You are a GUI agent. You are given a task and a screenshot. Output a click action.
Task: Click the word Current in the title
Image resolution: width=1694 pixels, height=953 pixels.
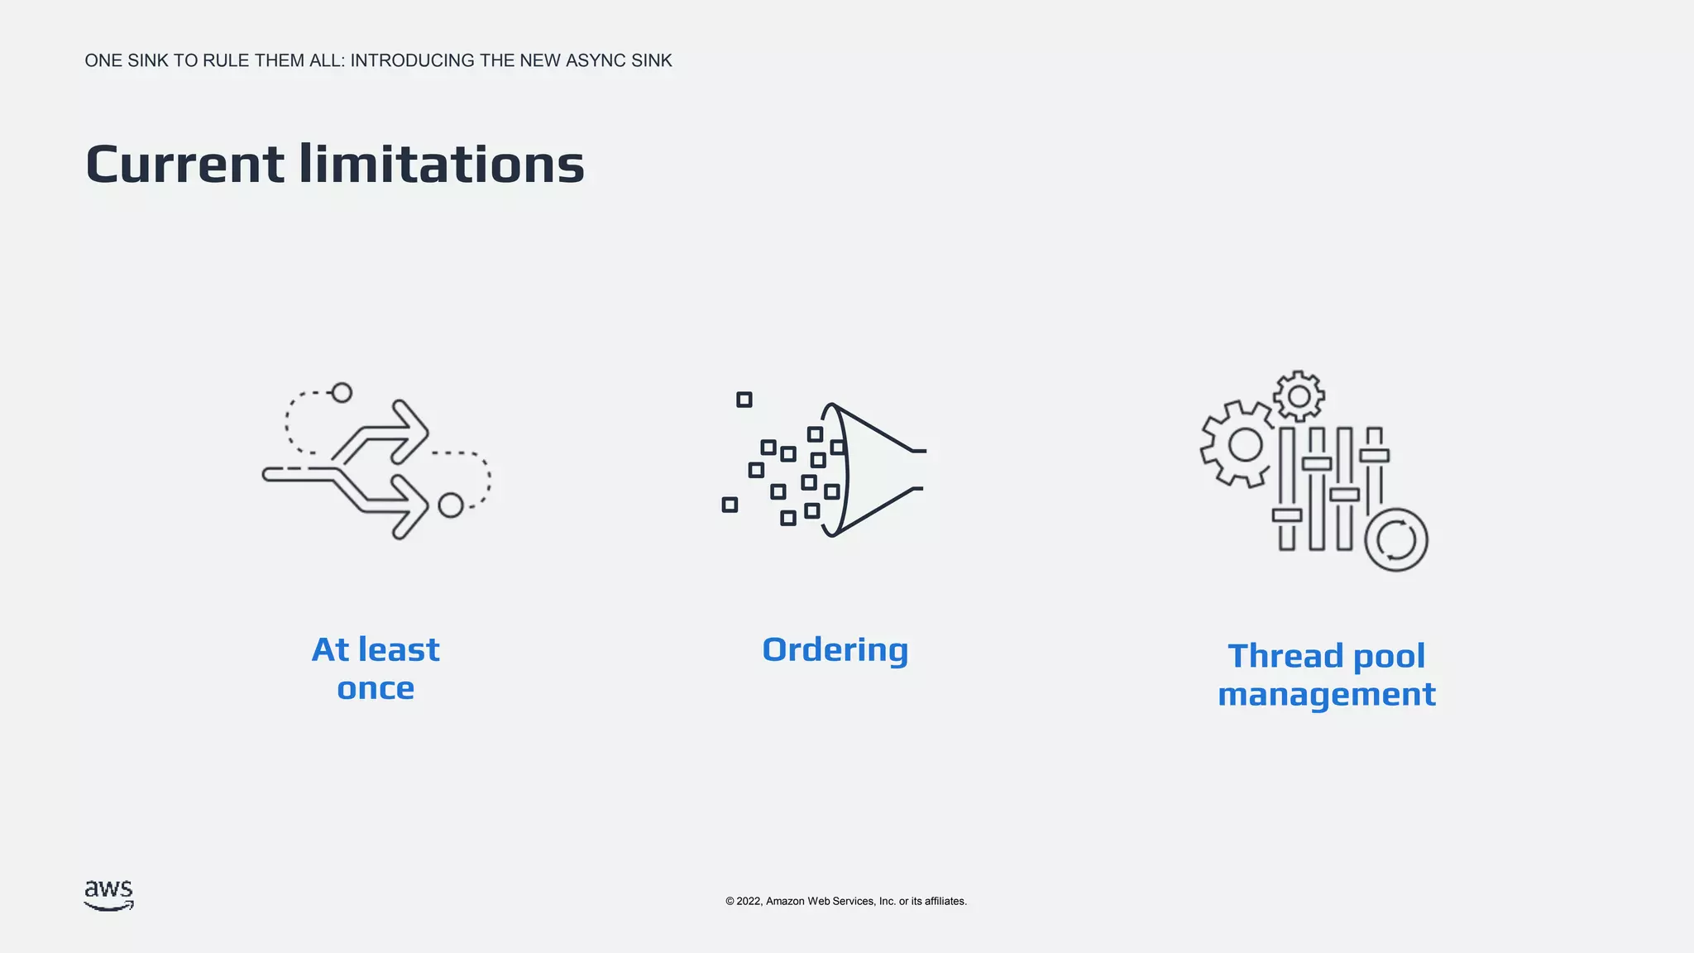pyautogui.click(x=185, y=164)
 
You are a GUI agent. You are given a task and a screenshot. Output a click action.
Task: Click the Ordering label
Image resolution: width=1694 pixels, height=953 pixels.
pyautogui.click(x=835, y=650)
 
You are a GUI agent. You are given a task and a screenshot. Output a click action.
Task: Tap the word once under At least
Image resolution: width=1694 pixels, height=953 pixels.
pyautogui.click(x=376, y=688)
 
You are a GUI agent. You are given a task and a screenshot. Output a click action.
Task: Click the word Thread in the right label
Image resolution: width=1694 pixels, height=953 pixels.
pyautogui.click(x=1285, y=656)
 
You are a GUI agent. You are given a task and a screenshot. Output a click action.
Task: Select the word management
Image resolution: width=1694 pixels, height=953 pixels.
pyautogui.click(x=1327, y=694)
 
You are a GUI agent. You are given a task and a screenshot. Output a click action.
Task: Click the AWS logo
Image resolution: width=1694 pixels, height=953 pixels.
pyautogui.click(x=108, y=895)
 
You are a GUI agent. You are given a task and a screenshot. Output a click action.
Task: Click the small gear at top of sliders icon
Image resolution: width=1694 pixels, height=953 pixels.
pyautogui.click(x=1299, y=395)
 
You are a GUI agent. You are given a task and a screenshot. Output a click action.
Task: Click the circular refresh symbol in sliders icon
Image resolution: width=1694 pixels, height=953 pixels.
pyautogui.click(x=1396, y=540)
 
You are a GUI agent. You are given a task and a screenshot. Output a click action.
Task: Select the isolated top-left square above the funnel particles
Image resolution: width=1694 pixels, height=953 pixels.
pyautogui.click(x=744, y=400)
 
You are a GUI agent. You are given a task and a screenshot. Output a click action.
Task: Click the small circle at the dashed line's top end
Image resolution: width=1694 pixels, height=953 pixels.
pyautogui.click(x=342, y=392)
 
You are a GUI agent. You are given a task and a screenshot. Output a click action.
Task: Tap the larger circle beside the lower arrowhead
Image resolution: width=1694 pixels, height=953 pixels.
pyautogui.click(x=451, y=505)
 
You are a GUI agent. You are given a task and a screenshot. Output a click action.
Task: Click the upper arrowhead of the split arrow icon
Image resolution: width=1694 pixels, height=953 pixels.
pyautogui.click(x=410, y=432)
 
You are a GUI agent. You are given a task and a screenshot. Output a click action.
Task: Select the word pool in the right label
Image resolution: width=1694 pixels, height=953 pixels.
pyautogui.click(x=1389, y=656)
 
